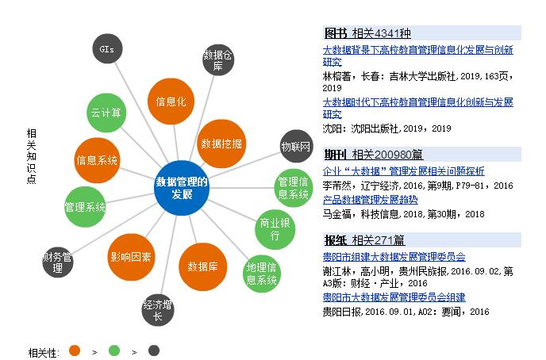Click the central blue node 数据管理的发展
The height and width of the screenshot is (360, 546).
[x=182, y=188]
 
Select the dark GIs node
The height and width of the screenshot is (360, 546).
[x=107, y=49]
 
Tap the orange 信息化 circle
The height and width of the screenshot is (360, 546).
[x=171, y=102]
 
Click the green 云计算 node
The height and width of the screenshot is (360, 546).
[x=106, y=113]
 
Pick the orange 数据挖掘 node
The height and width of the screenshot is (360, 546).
[x=221, y=144]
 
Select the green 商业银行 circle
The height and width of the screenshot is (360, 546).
[x=275, y=229]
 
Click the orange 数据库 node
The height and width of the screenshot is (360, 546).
[x=202, y=266]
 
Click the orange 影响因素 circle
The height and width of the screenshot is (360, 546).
[x=132, y=256]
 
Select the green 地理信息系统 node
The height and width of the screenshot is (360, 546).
[x=261, y=273]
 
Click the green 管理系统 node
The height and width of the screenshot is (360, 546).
[x=85, y=208]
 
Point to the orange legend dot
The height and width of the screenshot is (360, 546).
[x=75, y=350]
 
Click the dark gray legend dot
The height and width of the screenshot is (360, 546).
[x=153, y=350]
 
